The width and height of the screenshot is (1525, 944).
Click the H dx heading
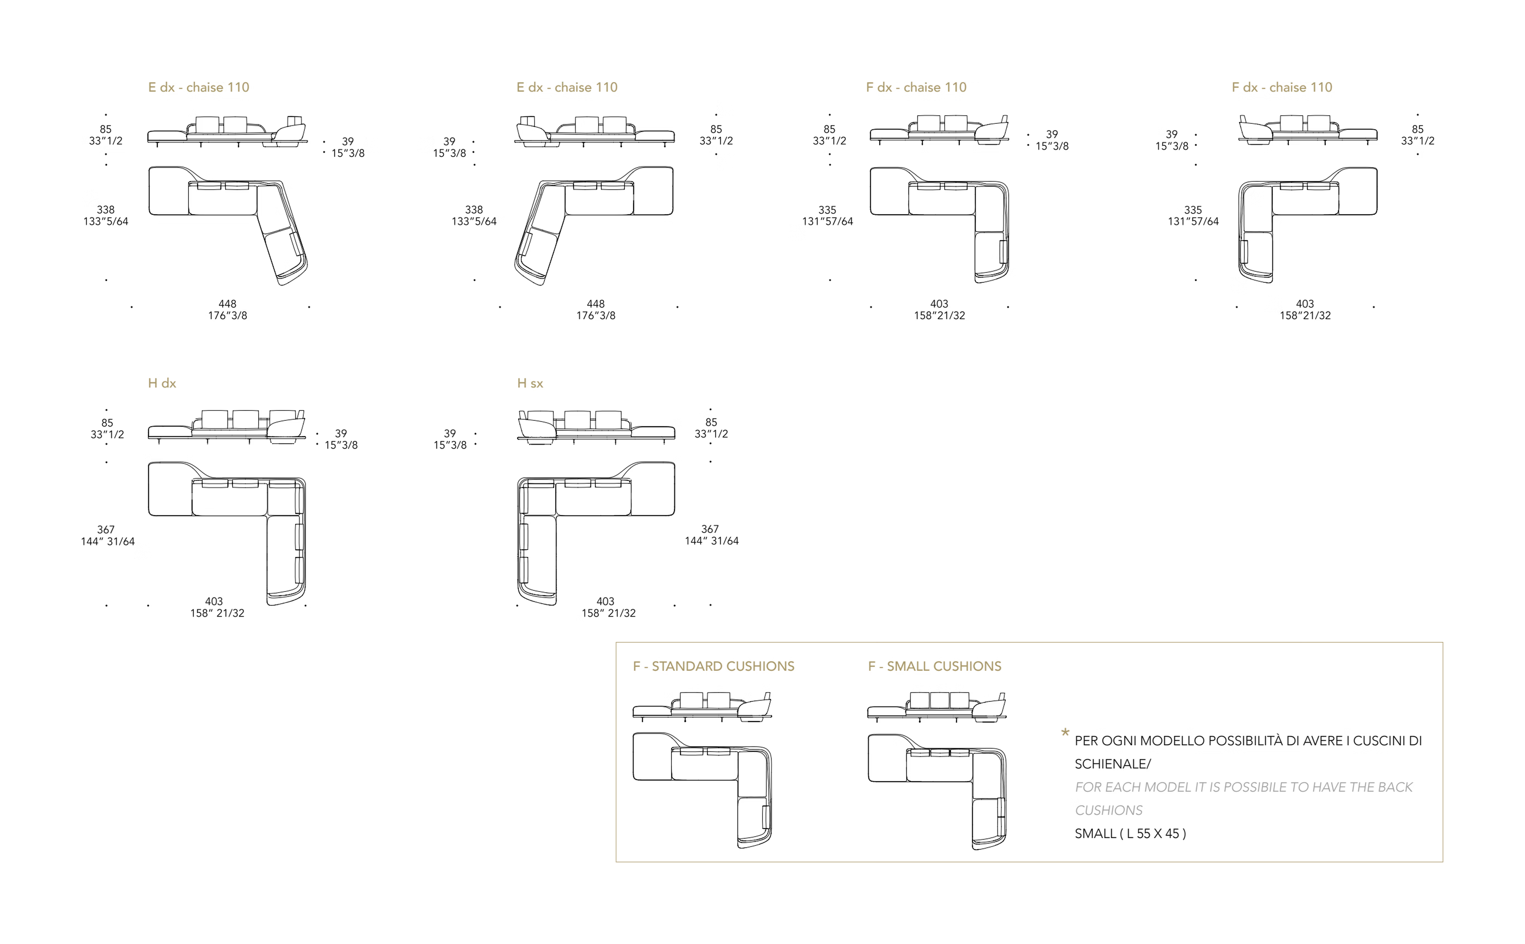(162, 383)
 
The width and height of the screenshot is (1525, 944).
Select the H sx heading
(530, 383)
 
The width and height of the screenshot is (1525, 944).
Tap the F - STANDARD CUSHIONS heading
(714, 666)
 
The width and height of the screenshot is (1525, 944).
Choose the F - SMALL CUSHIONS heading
(934, 666)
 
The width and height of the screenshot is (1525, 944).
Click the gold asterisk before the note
(1065, 732)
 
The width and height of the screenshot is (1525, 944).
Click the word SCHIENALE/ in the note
(1112, 764)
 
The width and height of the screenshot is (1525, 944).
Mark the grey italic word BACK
(1394, 787)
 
